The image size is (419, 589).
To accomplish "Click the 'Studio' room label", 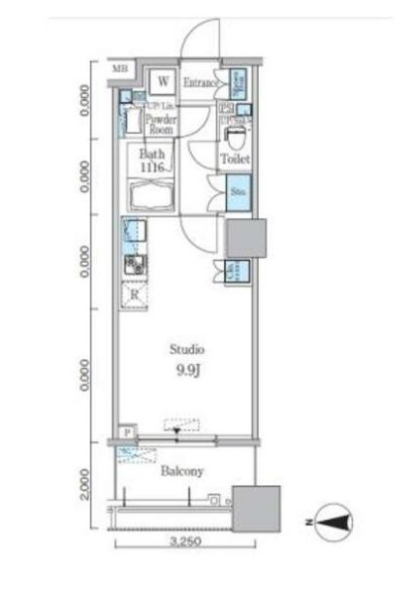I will (186, 350).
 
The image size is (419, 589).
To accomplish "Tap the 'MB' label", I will (119, 68).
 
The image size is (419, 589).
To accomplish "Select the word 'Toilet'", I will (235, 159).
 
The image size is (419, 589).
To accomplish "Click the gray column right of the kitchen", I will (245, 239).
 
